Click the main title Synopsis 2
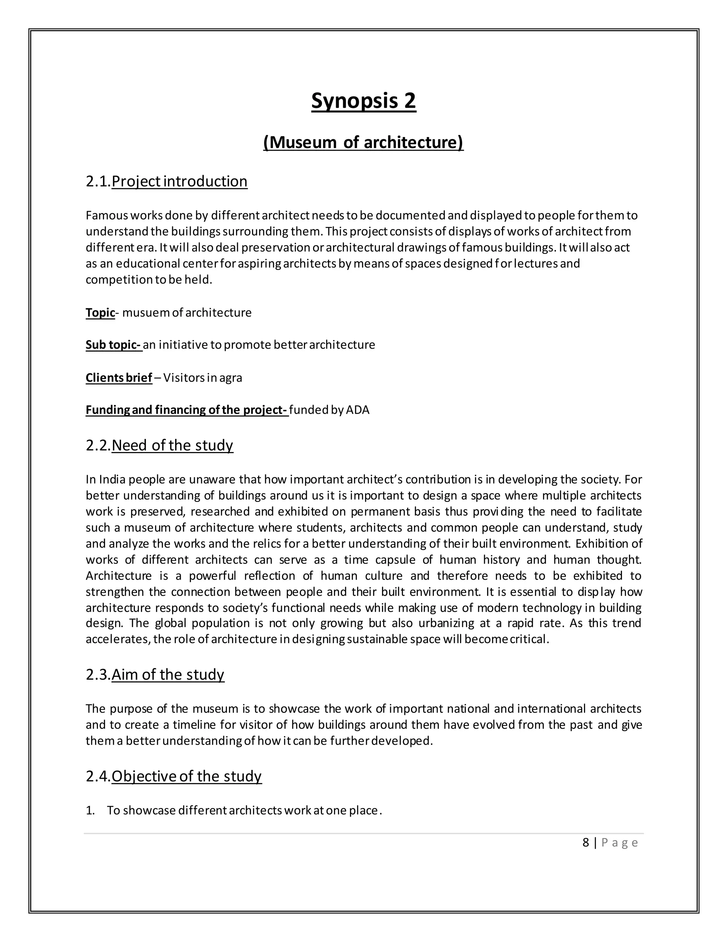[363, 101]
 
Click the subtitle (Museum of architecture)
[363, 142]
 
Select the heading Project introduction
[179, 181]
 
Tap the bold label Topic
[100, 312]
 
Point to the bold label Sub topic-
[113, 345]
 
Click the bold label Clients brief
[119, 378]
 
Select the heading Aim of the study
[168, 674]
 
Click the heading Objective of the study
[186, 776]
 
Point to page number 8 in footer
[585, 843]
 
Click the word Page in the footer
[619, 843]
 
